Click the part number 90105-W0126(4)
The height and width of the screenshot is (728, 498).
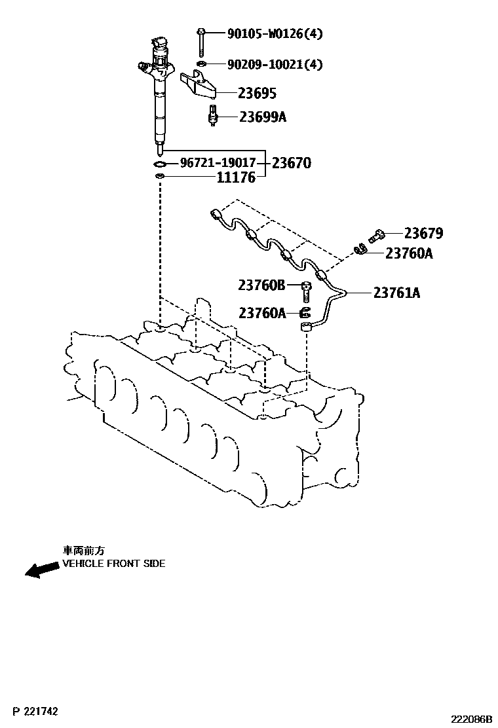275,33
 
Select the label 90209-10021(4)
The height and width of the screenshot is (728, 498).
275,64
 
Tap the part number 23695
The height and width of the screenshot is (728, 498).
239,94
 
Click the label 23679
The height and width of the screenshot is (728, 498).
423,233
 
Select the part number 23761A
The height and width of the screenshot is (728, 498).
396,293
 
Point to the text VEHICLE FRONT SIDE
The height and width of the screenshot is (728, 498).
113,564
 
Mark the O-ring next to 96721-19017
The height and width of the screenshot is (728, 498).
159,163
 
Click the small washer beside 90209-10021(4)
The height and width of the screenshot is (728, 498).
202,64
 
